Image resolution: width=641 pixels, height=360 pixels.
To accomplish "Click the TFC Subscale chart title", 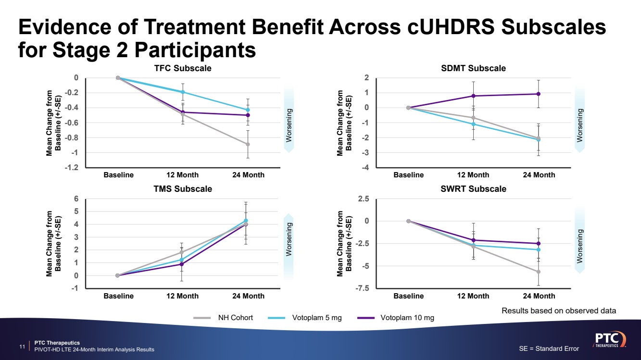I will point(182,68).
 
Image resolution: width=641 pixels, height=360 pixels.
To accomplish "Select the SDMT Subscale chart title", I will point(473,68).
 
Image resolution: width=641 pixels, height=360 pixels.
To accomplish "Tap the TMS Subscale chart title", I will point(182,189).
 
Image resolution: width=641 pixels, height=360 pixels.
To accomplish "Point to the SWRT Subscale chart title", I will point(473,189).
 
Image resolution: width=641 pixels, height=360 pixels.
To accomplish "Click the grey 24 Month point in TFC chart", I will point(248,144).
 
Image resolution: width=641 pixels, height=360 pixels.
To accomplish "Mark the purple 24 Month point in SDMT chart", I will point(539,94).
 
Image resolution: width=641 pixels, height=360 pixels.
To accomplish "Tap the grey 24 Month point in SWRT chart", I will point(539,272).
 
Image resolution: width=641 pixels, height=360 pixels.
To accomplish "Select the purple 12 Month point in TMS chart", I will point(182,264).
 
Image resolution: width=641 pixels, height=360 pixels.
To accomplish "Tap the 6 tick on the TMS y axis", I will point(75,199).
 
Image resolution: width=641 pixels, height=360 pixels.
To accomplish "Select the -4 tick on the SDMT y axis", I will point(366,168).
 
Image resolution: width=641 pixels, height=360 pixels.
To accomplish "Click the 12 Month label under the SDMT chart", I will point(473,175).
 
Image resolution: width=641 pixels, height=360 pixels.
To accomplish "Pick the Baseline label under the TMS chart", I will point(118,296).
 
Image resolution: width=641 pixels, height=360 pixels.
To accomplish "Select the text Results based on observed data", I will point(559,311).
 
